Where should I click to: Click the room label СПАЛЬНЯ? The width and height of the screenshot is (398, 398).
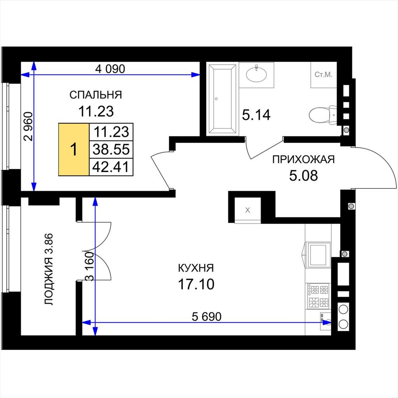[96, 95]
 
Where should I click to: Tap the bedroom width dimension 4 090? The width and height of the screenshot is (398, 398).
[110, 69]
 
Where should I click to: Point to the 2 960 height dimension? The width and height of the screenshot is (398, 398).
[28, 126]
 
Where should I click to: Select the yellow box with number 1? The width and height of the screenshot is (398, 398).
[74, 150]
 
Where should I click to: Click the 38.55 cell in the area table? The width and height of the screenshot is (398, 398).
[111, 149]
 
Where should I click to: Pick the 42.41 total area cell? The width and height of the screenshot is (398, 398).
[111, 167]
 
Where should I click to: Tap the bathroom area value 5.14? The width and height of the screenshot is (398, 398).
[256, 115]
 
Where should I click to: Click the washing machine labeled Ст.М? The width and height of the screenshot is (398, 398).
[324, 75]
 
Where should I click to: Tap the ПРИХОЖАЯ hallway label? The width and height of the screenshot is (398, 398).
[304, 159]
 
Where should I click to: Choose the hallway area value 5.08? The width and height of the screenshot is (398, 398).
[304, 175]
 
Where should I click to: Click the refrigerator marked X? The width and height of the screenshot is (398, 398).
[248, 210]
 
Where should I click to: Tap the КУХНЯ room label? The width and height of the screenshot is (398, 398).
[196, 268]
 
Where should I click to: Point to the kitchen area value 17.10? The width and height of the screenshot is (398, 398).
[196, 284]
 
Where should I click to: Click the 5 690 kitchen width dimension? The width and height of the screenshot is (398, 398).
[207, 316]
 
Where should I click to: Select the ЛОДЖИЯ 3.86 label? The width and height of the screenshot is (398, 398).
[49, 269]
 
